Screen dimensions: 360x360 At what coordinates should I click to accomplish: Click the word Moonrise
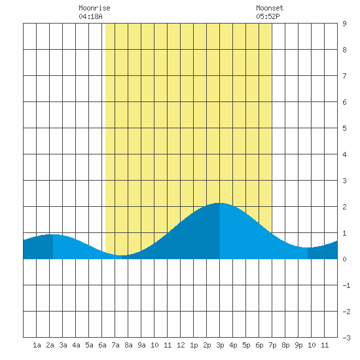[94, 8]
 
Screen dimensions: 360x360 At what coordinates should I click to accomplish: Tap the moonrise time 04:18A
[90, 16]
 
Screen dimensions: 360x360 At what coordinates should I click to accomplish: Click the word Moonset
[270, 8]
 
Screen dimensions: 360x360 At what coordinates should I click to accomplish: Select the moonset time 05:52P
[268, 16]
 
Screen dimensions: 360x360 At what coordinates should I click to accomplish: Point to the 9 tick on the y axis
[344, 24]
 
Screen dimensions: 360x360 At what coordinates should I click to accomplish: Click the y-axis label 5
[344, 128]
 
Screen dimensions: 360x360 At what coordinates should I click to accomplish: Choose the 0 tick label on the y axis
[344, 259]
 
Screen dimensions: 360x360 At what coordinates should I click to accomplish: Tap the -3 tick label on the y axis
[346, 338]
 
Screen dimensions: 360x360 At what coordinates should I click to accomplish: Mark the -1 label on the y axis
[346, 285]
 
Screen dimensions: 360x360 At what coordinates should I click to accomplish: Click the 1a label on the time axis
[37, 345]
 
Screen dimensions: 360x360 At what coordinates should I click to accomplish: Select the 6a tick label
[102, 345]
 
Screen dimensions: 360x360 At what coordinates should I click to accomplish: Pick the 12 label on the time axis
[181, 345]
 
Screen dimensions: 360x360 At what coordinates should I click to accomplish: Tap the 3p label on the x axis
[220, 345]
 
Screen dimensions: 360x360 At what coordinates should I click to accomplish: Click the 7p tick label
[272, 345]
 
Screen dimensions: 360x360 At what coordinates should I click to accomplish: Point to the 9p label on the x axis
[298, 345]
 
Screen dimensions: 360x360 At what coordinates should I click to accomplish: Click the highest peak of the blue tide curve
[219, 203]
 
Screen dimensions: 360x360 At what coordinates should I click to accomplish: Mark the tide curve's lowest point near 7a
[121, 255]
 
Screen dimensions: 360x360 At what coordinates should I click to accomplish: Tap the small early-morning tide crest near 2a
[53, 234]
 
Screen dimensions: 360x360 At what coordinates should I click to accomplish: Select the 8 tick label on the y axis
[344, 50]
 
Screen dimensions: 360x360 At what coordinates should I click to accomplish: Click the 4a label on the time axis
[76, 345]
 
